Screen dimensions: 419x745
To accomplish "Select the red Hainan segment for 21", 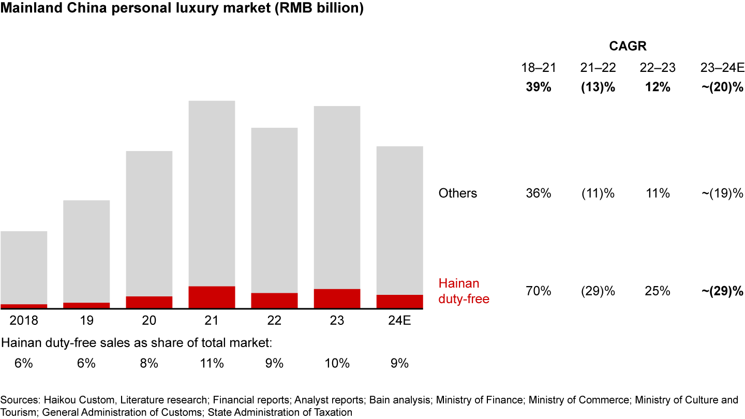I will coord(212,297).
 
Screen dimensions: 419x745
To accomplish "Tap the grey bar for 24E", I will coord(399,220).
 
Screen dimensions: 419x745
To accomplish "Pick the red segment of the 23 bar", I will coord(337,298).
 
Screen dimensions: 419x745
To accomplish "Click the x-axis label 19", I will coord(86,321).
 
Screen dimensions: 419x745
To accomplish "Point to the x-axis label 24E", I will coord(399,321).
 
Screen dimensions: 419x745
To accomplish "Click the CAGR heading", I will coord(628,47).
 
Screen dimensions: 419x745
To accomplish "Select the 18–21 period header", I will coord(538,68).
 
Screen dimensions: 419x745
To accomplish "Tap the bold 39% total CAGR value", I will coord(538,87).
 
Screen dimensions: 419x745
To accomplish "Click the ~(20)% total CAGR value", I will coord(721,87).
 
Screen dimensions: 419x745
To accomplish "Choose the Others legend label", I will coord(457,193).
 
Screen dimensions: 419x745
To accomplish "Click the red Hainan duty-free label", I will coord(464,291).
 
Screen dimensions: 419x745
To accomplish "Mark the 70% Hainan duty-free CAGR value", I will coord(538,291).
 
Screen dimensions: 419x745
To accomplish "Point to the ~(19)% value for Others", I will coord(721,193).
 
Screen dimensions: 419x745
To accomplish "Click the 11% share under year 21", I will coord(212,363).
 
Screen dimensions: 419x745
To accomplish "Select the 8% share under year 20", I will coord(149,363).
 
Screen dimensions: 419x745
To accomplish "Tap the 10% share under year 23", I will coord(337,363).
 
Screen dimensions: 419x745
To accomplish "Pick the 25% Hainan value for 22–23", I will coord(658,291).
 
